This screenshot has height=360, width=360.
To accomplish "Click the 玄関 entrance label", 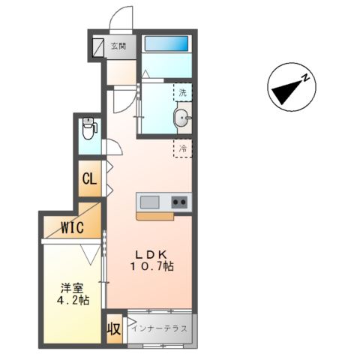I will (x=118, y=46).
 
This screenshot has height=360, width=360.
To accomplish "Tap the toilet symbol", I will (x=88, y=129).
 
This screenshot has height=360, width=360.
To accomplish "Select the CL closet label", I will (x=89, y=179).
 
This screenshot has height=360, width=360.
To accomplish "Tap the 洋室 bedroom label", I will (x=72, y=287).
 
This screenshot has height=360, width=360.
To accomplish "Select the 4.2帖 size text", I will (x=72, y=300).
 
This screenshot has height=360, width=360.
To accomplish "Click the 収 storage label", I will (x=113, y=328).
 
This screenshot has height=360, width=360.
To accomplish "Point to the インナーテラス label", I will (x=159, y=328).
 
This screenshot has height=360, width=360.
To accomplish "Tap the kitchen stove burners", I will (x=179, y=201).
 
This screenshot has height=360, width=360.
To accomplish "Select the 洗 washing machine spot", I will (x=182, y=92).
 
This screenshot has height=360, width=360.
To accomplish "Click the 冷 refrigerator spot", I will (x=182, y=148).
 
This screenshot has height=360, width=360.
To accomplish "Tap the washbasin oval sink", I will (x=181, y=118).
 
